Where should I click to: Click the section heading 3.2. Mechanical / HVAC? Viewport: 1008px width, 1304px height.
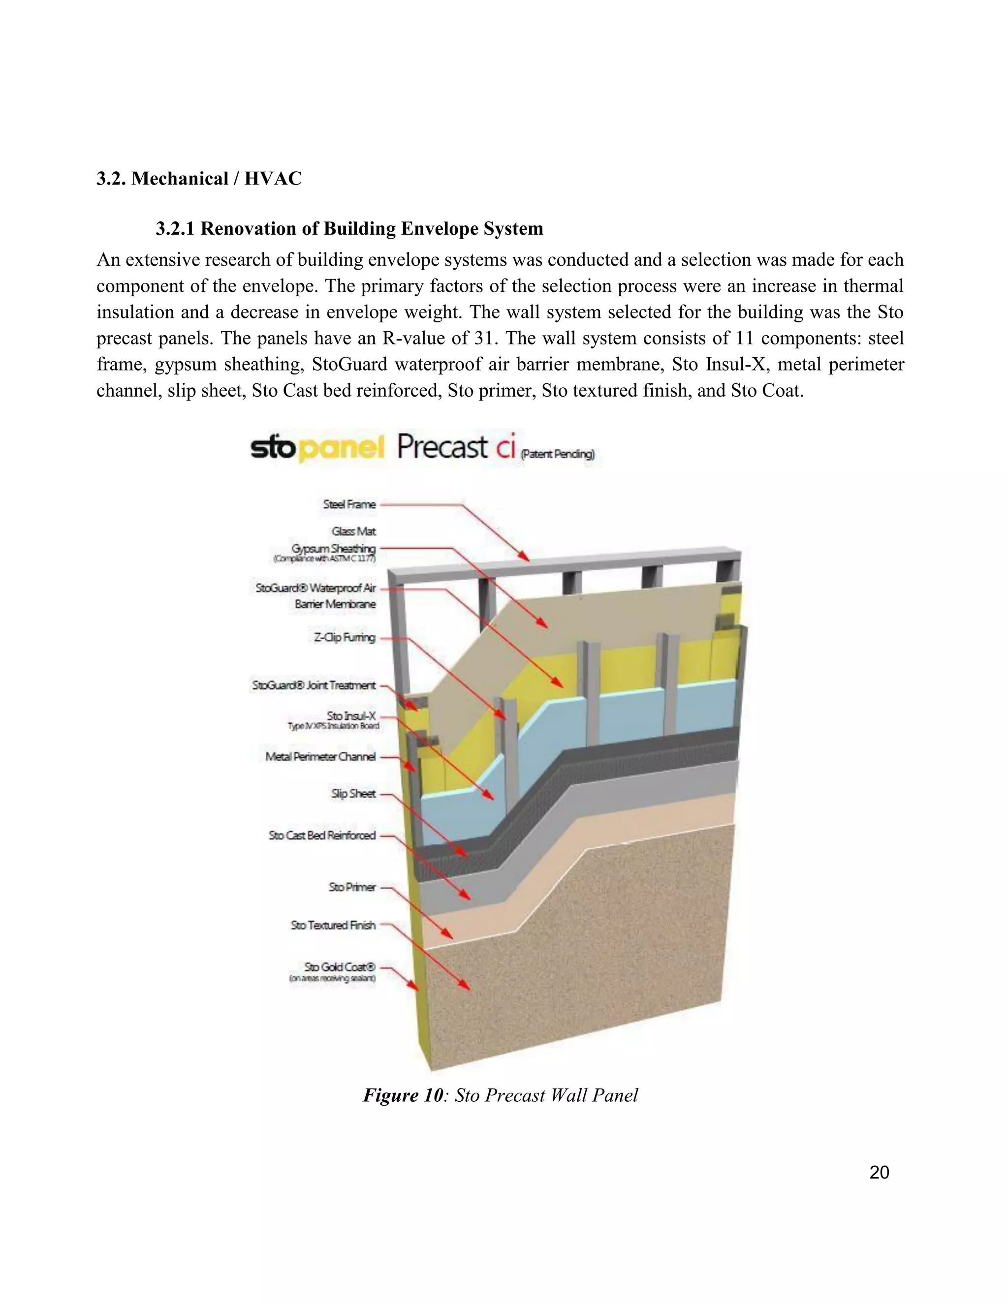[199, 179]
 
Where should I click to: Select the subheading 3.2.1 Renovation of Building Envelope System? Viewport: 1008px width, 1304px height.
[349, 229]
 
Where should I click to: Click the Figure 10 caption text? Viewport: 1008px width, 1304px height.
[501, 1095]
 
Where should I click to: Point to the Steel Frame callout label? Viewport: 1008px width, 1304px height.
[349, 504]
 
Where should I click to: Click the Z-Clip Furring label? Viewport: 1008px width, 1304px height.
[345, 638]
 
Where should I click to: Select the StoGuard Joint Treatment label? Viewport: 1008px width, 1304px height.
[314, 685]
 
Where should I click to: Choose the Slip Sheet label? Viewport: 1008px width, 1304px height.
[353, 794]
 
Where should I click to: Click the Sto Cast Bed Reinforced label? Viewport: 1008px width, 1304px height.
[322, 836]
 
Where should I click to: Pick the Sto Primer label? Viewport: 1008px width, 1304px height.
[352, 887]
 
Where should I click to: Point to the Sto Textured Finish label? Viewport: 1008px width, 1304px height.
[333, 925]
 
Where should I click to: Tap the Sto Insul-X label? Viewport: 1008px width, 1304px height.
[351, 715]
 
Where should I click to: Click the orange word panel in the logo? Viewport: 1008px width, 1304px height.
[341, 448]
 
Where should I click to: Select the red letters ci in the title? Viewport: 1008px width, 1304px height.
[504, 448]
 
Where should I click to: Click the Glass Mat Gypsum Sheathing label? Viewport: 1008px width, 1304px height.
[334, 540]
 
